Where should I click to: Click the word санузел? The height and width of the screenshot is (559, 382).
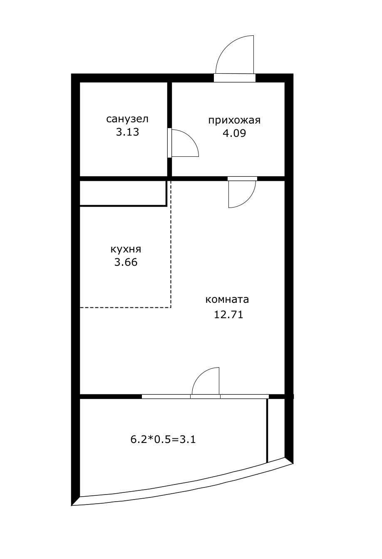pyautogui.click(x=127, y=119)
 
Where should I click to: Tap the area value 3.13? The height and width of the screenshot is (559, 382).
pyautogui.click(x=127, y=133)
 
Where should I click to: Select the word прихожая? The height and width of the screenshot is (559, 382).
pyautogui.click(x=234, y=121)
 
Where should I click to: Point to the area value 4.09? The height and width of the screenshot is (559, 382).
pyautogui.click(x=234, y=134)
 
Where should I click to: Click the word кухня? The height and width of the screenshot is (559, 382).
pyautogui.click(x=126, y=249)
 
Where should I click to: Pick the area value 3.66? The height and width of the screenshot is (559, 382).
pyautogui.click(x=126, y=262)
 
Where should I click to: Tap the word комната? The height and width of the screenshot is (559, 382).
pyautogui.click(x=227, y=299)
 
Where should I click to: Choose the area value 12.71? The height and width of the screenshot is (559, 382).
pyautogui.click(x=228, y=314)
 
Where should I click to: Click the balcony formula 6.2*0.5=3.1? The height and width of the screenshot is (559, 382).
pyautogui.click(x=163, y=439)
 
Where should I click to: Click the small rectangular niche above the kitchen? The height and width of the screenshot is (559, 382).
pyautogui.click(x=123, y=193)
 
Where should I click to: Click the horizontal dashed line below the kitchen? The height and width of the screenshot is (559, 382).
pyautogui.click(x=125, y=307)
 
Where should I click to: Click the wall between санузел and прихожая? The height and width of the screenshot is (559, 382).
pyautogui.click(x=169, y=104)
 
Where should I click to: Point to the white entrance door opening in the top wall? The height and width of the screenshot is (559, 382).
pyautogui.click(x=235, y=78)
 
